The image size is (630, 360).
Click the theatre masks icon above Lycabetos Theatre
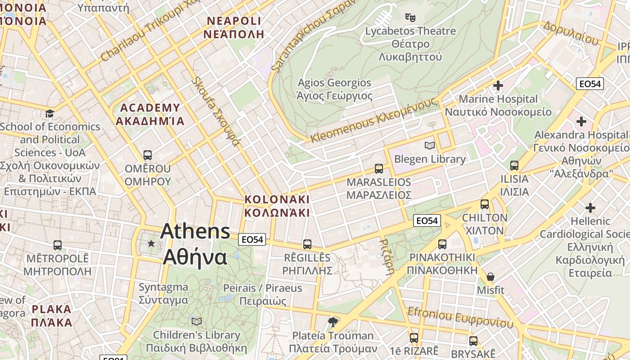coord(409,18)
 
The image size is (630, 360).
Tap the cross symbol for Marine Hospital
coord(498,85)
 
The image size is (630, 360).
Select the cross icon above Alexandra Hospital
coord(581,121)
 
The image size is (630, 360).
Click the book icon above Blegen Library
coord(430,146)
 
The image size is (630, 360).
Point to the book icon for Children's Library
coord(197,321)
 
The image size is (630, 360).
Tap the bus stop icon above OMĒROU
coord(147,155)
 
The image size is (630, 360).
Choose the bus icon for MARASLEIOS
coord(379,169)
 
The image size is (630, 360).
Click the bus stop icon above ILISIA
coord(514,166)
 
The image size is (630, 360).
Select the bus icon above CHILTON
coord(485,204)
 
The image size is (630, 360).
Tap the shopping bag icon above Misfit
coord(490,277)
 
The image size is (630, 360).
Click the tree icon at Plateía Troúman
coord(333,322)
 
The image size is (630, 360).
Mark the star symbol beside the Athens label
coord(151,243)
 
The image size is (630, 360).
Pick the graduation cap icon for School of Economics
coord(49,113)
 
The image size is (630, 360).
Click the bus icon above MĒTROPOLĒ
coord(58,245)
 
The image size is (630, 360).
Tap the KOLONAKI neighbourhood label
coord(277,206)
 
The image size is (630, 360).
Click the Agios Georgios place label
coord(334,89)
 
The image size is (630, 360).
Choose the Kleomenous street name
coord(373,121)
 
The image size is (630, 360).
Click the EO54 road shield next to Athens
coord(252,239)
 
